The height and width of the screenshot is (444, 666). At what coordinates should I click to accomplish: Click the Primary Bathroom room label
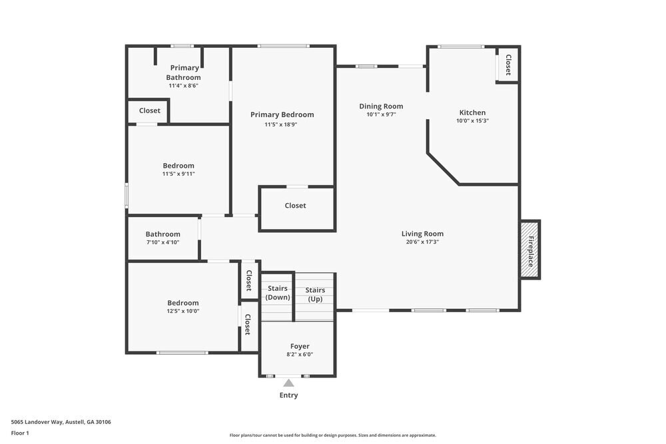point(183,73)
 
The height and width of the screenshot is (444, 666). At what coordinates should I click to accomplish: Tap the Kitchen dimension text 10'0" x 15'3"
point(472,121)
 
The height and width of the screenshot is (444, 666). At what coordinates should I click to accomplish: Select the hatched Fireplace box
point(530,250)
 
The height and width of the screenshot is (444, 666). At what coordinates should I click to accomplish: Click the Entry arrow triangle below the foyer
point(288,383)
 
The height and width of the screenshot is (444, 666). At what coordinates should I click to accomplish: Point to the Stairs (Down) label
point(277,293)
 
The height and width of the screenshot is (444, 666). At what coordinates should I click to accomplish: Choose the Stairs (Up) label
point(315,294)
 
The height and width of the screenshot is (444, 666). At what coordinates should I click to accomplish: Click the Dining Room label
point(381,107)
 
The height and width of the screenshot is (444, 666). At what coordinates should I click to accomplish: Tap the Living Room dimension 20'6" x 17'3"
point(422,242)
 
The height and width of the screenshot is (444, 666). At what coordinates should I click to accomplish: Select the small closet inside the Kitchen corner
point(507,65)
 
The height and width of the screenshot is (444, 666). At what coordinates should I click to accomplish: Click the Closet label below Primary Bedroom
point(295,206)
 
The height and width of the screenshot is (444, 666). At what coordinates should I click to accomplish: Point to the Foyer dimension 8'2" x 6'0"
point(300,355)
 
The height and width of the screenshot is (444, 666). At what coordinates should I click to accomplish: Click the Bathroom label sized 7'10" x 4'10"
point(163,234)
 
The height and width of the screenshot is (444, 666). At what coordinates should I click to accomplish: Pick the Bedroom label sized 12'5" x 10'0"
point(183,303)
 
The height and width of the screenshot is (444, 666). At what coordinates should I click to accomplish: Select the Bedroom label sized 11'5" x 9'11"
point(178,166)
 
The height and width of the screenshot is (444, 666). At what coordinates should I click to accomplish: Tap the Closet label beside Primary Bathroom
point(150,111)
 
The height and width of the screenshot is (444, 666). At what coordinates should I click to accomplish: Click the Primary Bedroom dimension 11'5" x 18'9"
point(282,124)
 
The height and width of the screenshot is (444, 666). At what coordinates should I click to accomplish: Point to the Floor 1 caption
point(20,433)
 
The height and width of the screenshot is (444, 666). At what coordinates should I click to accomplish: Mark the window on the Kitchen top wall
point(461,47)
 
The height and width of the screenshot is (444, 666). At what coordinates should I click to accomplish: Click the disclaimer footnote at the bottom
point(332,435)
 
